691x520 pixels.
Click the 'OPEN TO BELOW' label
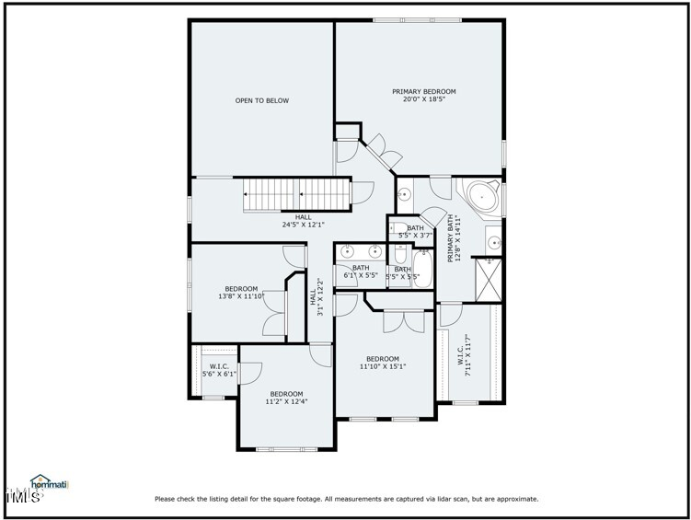261,100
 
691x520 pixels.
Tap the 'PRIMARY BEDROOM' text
423,91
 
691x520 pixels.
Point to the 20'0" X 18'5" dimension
423,99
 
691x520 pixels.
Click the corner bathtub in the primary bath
482,196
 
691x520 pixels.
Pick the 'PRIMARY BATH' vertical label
451,238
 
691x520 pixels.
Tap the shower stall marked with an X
489,280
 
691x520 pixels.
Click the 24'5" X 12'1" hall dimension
303,224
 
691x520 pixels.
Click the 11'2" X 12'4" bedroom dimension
286,401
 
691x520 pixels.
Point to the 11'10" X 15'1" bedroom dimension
383,366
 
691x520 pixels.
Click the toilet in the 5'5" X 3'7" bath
400,230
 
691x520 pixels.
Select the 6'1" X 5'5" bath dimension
361,275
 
